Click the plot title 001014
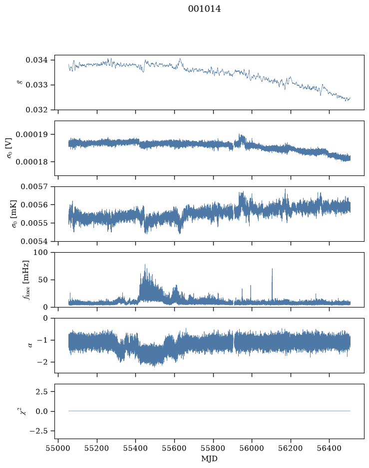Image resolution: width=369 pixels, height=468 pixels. point(205,9)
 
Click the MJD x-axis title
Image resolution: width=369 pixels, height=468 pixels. point(209,459)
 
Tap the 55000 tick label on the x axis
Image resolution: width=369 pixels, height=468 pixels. point(58,448)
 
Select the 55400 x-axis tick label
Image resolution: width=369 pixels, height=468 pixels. point(135,448)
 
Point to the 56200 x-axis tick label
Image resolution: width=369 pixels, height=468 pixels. point(290,448)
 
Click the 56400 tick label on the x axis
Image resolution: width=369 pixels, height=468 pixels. point(329,448)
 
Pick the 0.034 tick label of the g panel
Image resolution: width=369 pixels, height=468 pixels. point(36,60)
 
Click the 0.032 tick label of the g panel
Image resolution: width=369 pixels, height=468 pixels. point(36,110)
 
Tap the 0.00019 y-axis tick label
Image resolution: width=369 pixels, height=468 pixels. point(31,134)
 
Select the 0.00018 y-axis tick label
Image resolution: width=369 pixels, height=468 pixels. point(31,162)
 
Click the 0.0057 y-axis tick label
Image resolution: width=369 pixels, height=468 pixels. point(34,186)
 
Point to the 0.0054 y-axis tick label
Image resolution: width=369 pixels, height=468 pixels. point(34,241)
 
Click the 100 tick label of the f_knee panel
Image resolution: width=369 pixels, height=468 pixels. point(40,252)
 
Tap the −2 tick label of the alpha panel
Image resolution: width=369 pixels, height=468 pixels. point(42,362)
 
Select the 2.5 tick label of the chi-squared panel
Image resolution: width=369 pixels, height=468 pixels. point(41,391)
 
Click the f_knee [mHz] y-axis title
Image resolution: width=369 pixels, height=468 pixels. point(26,280)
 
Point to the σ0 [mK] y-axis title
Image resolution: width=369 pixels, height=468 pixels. point(14,214)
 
